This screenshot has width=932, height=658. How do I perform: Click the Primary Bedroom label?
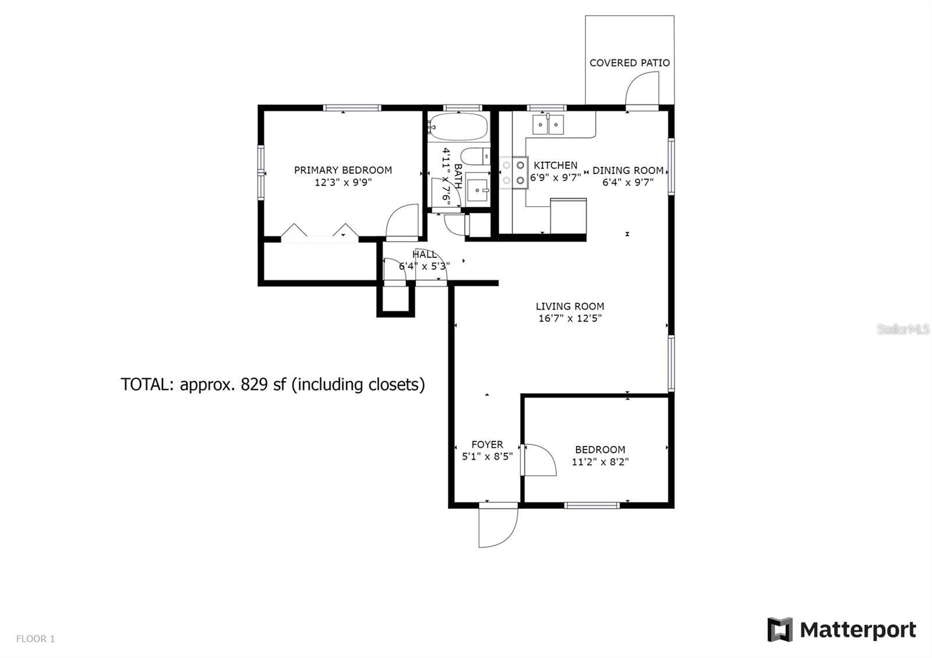point(343,170)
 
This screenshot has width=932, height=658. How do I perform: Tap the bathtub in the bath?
point(458,126)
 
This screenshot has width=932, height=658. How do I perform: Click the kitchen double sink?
point(548,125)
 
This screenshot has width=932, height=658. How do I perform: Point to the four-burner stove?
point(513,173)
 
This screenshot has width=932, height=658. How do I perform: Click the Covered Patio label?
point(629,63)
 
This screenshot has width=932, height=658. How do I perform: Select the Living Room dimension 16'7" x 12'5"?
point(570,319)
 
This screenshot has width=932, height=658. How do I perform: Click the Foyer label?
point(487,444)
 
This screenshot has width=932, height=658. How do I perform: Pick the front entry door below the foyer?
point(496,526)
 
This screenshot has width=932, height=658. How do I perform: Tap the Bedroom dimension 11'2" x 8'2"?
point(600,462)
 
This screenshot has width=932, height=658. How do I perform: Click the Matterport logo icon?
point(779,630)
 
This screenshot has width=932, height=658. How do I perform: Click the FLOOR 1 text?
point(36,639)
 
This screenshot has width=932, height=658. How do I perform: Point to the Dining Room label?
point(627,171)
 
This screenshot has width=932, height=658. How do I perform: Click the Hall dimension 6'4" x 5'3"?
point(424,266)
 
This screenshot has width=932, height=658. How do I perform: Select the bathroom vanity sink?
point(479,189)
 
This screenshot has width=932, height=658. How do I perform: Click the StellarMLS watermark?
point(903,330)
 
